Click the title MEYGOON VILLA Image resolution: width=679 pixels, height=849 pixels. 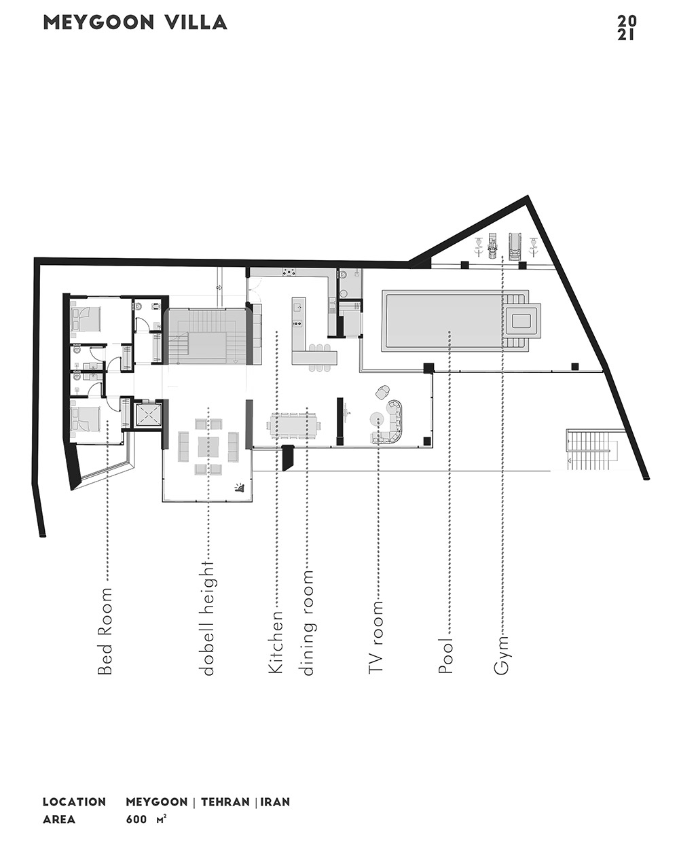coord(135,22)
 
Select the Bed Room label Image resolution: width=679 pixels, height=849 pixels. coord(105,632)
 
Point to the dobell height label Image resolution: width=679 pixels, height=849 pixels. coord(208,618)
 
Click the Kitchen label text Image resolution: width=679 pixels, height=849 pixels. coord(276,642)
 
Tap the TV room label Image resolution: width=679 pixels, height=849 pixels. coord(375,637)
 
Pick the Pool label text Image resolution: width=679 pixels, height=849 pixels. coord(445,655)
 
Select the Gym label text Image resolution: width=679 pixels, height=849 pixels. coord(501,655)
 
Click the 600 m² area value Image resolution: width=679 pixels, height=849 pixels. coord(146,820)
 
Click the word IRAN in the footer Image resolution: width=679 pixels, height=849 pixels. coord(275,802)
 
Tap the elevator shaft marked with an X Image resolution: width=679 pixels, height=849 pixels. coord(149,415)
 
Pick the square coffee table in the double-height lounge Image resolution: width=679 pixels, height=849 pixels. coord(208,446)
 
